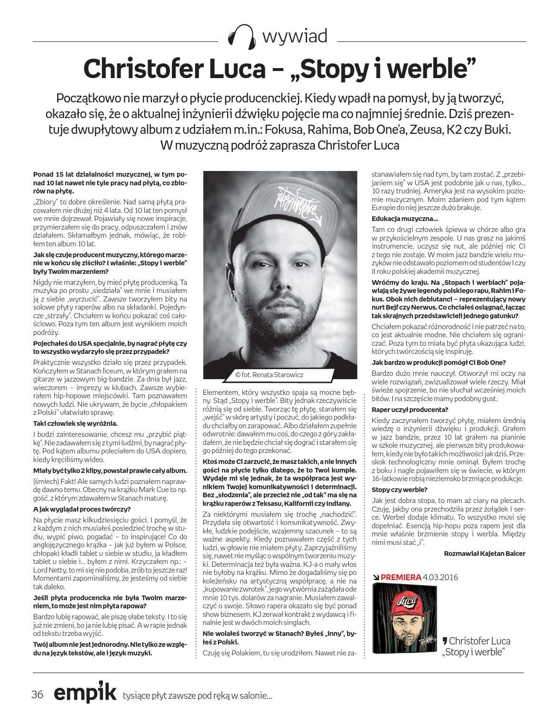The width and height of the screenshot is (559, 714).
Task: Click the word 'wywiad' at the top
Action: pos(294,36)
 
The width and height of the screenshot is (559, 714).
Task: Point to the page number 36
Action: pos(38,694)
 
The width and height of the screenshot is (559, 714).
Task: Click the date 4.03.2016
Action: pos(440,577)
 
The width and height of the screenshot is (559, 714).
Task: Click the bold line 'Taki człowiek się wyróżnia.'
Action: pos(75,423)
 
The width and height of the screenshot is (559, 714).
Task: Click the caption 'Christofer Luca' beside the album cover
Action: pos(476,641)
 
